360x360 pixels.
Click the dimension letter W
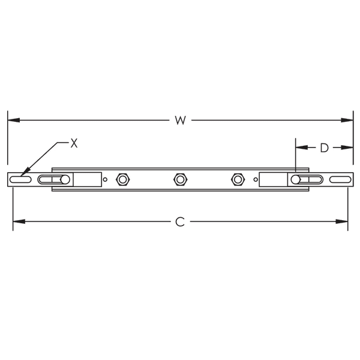click(180, 120)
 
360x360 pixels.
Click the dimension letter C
click(179, 222)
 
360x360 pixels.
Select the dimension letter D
click(324, 148)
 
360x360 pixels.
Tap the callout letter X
click(74, 143)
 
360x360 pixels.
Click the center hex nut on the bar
click(179, 179)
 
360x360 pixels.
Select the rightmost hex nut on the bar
click(237, 179)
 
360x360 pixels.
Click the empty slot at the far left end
click(22, 179)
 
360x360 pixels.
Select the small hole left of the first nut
click(106, 179)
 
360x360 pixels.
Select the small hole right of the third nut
click(254, 179)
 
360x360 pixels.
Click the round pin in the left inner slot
click(64, 179)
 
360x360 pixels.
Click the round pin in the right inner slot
click(295, 179)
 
